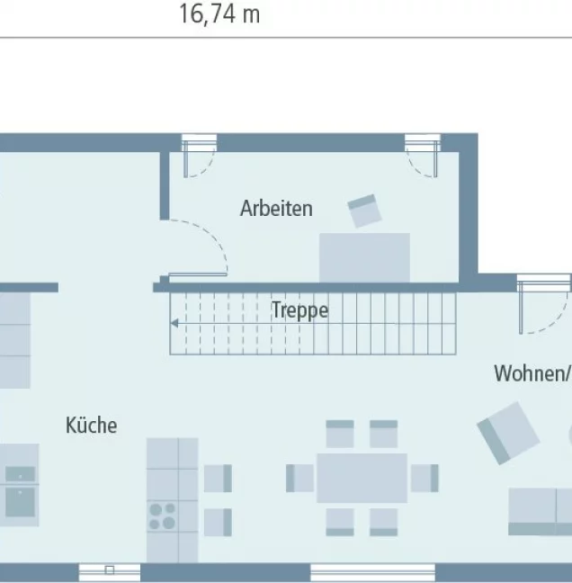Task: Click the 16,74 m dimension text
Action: tap(219, 13)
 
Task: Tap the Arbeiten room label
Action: tap(276, 208)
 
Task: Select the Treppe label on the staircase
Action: tap(299, 310)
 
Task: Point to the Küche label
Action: tap(91, 425)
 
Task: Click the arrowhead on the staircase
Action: tap(174, 324)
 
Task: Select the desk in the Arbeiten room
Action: tap(364, 257)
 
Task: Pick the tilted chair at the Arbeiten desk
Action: tap(364, 211)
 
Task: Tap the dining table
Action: tap(362, 478)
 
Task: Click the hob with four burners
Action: tap(163, 516)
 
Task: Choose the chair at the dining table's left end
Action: tap(299, 478)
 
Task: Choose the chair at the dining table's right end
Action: tap(425, 478)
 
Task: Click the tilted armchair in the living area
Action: tap(508, 433)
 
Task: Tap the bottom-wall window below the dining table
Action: tap(372, 572)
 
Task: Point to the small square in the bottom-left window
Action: tap(109, 570)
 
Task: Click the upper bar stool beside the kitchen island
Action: tap(218, 478)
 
